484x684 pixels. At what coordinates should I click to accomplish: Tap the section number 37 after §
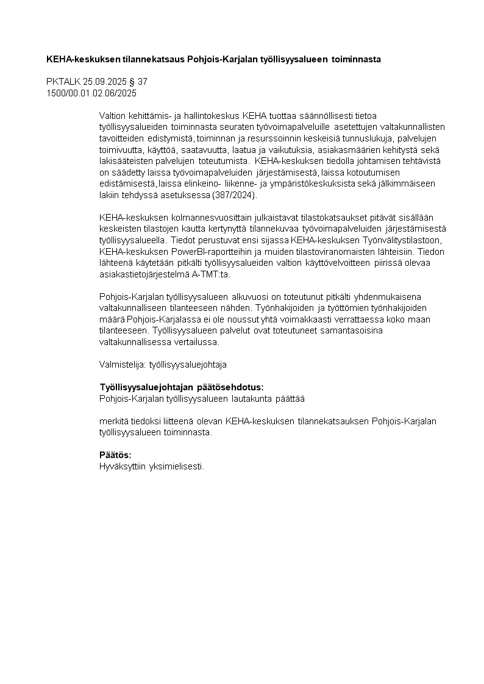coord(143,81)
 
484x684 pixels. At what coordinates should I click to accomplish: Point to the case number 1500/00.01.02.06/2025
coord(91,93)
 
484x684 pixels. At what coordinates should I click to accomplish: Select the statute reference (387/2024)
coord(236,195)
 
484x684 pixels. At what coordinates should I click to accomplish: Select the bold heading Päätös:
coord(115,455)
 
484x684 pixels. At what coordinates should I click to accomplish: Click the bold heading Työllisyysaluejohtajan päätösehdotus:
coord(182,387)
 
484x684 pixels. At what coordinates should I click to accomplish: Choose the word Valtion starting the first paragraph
coord(112,115)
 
